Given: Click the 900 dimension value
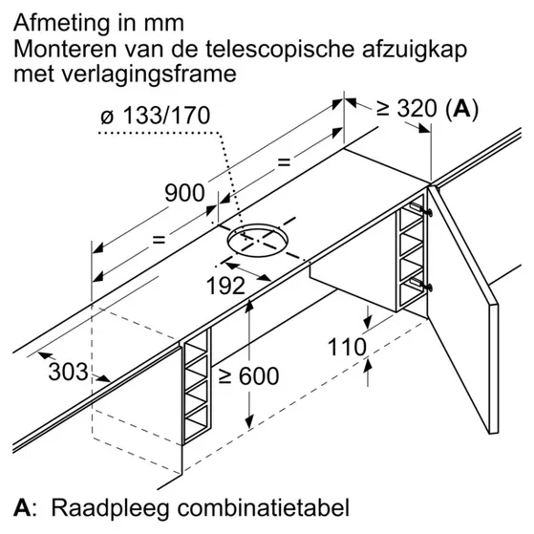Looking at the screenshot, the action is tap(185, 193).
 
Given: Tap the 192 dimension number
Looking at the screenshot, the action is tap(225, 286).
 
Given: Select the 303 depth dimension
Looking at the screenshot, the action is tap(68, 372).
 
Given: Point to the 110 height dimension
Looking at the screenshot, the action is tap(347, 347).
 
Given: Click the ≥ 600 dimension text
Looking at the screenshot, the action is tap(248, 376).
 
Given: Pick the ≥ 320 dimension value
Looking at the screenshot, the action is tap(406, 109).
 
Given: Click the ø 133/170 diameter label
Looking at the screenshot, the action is tap(156, 115).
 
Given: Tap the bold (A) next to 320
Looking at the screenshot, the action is tap(461, 109).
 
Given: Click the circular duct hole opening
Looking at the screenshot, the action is tap(258, 239).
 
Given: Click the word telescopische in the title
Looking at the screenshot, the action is tap(281, 50).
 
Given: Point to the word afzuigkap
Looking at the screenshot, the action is tap(415, 50).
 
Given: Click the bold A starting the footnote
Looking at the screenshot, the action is tap(21, 508).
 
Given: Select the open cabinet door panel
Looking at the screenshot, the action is tap(463, 310).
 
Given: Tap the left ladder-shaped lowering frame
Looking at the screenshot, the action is tap(197, 387).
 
